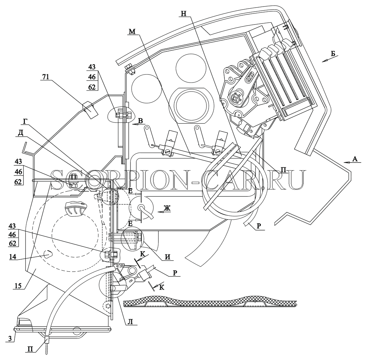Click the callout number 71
[46, 77]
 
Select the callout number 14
[13, 257]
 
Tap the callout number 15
[18, 285]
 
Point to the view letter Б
[333, 53]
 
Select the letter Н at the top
[184, 13]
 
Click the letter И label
[167, 257]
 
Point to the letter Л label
[131, 322]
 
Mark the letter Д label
[21, 133]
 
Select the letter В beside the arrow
[141, 121]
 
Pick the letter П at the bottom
[30, 349]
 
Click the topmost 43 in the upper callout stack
[92, 67]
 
